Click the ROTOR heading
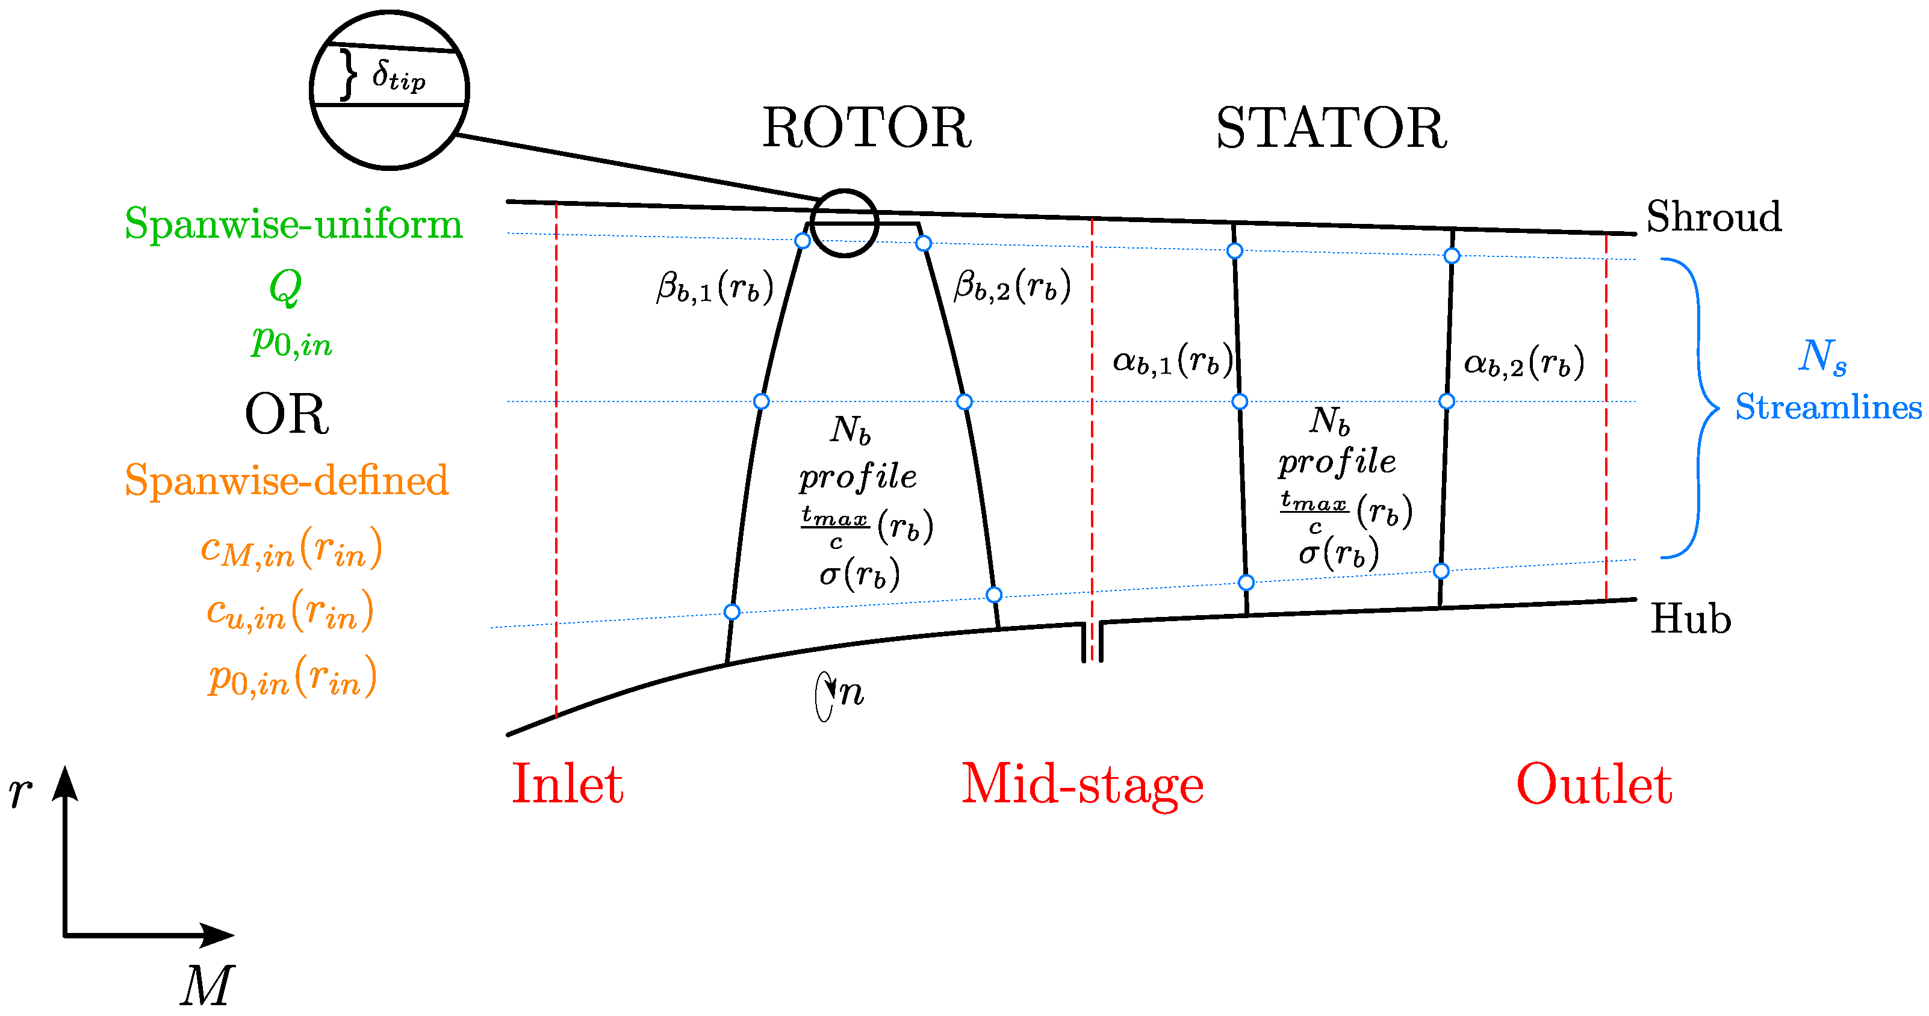pos(866,128)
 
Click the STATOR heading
pos(1331,128)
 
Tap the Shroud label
pos(1713,217)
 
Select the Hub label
pos(1691,619)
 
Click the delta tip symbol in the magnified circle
pos(399,76)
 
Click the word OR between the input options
pos(287,414)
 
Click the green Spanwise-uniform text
pos(294,224)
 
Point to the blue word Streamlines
pos(1828,407)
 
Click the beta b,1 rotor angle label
pos(713,288)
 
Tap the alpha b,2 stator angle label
pos(1523,363)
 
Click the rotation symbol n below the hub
pos(850,693)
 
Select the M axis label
pos(207,985)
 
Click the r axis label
pos(20,791)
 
